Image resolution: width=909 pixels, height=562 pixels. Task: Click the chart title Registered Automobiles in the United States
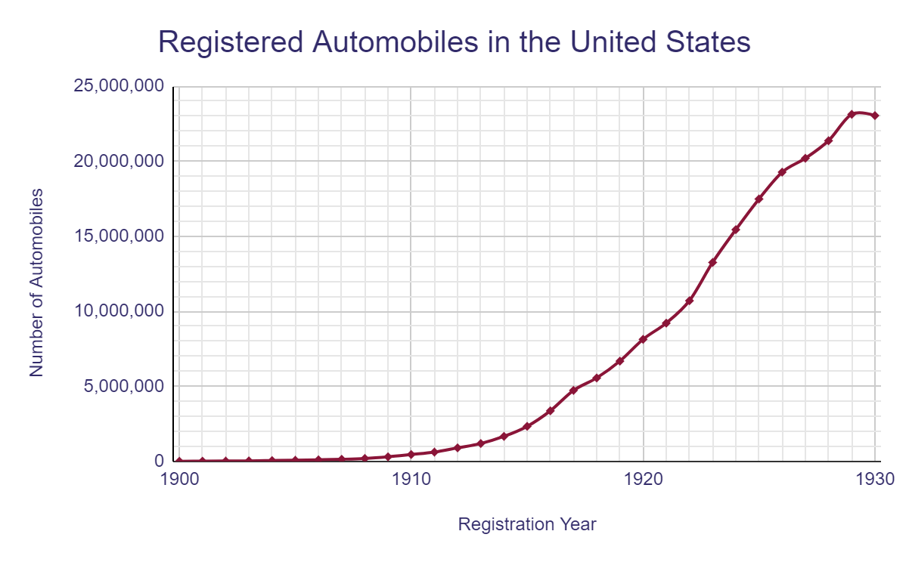pos(454,42)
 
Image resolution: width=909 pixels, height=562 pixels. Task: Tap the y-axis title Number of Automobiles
pos(36,283)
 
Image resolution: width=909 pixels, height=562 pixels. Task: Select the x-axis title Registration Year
pos(527,524)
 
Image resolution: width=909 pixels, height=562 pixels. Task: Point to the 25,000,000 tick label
pos(118,86)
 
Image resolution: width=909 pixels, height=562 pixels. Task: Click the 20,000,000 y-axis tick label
pos(118,161)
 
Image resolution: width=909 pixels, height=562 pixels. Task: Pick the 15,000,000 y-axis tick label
pos(118,236)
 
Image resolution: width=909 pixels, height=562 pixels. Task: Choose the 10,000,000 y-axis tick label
pos(118,311)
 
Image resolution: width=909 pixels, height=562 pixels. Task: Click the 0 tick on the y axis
pos(158,461)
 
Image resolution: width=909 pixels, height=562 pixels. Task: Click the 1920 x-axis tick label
pos(643,479)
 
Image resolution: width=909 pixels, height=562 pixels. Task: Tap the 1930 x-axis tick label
pos(875,479)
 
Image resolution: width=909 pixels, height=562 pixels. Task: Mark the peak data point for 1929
pos(852,114)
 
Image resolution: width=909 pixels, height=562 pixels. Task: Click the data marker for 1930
pos(875,116)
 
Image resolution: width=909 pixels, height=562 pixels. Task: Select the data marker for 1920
pos(643,339)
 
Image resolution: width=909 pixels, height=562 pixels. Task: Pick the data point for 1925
pos(759,199)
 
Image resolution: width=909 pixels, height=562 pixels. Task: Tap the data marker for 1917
pos(573,390)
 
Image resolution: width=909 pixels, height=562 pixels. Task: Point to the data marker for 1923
pos(712,262)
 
